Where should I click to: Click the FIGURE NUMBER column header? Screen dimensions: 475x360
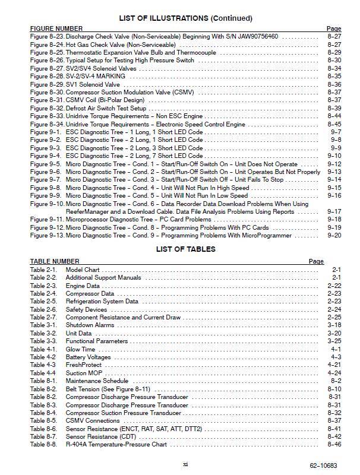coord(56,28)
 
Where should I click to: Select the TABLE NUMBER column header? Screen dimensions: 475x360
coord(54,261)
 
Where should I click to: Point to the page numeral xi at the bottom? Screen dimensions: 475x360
coord(186,464)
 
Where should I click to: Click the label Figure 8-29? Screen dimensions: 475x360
coord(47,85)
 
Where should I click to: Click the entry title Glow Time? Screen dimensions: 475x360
coord(80,349)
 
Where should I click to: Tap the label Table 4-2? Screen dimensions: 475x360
coord(43,357)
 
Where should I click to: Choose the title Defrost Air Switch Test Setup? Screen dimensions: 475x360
coord(106,109)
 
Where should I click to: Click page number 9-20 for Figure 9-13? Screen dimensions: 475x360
coord(334,235)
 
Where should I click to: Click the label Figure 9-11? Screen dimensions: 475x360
coord(47,219)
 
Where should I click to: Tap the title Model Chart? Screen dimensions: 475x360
coord(83,270)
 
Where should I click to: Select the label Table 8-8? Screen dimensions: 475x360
coord(43,444)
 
